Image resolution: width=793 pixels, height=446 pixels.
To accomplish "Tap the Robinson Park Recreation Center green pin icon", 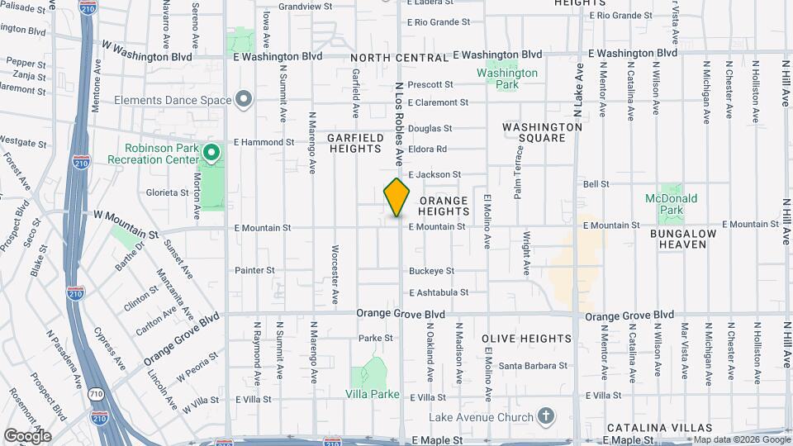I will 211,152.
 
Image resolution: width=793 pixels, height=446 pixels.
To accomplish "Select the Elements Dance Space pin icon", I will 243,100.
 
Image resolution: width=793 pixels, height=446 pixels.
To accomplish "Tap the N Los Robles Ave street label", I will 398,124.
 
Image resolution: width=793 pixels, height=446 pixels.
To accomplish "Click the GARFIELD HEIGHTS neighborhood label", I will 356,143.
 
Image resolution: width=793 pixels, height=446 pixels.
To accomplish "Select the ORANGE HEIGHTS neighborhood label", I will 444,206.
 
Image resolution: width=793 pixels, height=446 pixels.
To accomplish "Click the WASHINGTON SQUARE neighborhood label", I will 542,133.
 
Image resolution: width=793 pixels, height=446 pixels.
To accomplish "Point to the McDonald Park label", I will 672,204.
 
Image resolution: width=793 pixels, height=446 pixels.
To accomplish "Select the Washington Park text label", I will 507,78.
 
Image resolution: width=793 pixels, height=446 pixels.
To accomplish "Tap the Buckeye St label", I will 432,271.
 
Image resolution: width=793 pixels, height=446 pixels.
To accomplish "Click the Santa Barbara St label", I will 533,365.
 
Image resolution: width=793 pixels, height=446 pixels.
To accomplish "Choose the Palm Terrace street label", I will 519,178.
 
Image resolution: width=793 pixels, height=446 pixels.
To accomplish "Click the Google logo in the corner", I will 27,435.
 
